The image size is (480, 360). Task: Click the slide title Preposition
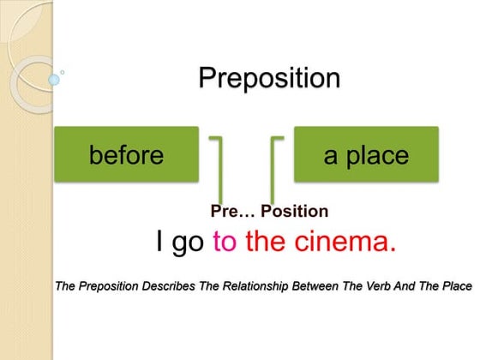point(269,79)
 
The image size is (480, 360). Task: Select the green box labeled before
point(126,155)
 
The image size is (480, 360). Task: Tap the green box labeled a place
point(366,155)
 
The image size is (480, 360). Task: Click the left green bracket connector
point(218,167)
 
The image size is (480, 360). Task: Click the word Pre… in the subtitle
point(231,211)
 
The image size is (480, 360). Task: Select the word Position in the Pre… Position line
point(294,211)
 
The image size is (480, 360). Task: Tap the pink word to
point(224,242)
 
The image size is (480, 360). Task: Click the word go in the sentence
point(189,243)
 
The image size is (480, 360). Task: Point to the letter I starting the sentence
point(160,242)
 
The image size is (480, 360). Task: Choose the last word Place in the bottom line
point(457,285)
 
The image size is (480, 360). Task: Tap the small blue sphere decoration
point(53,80)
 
